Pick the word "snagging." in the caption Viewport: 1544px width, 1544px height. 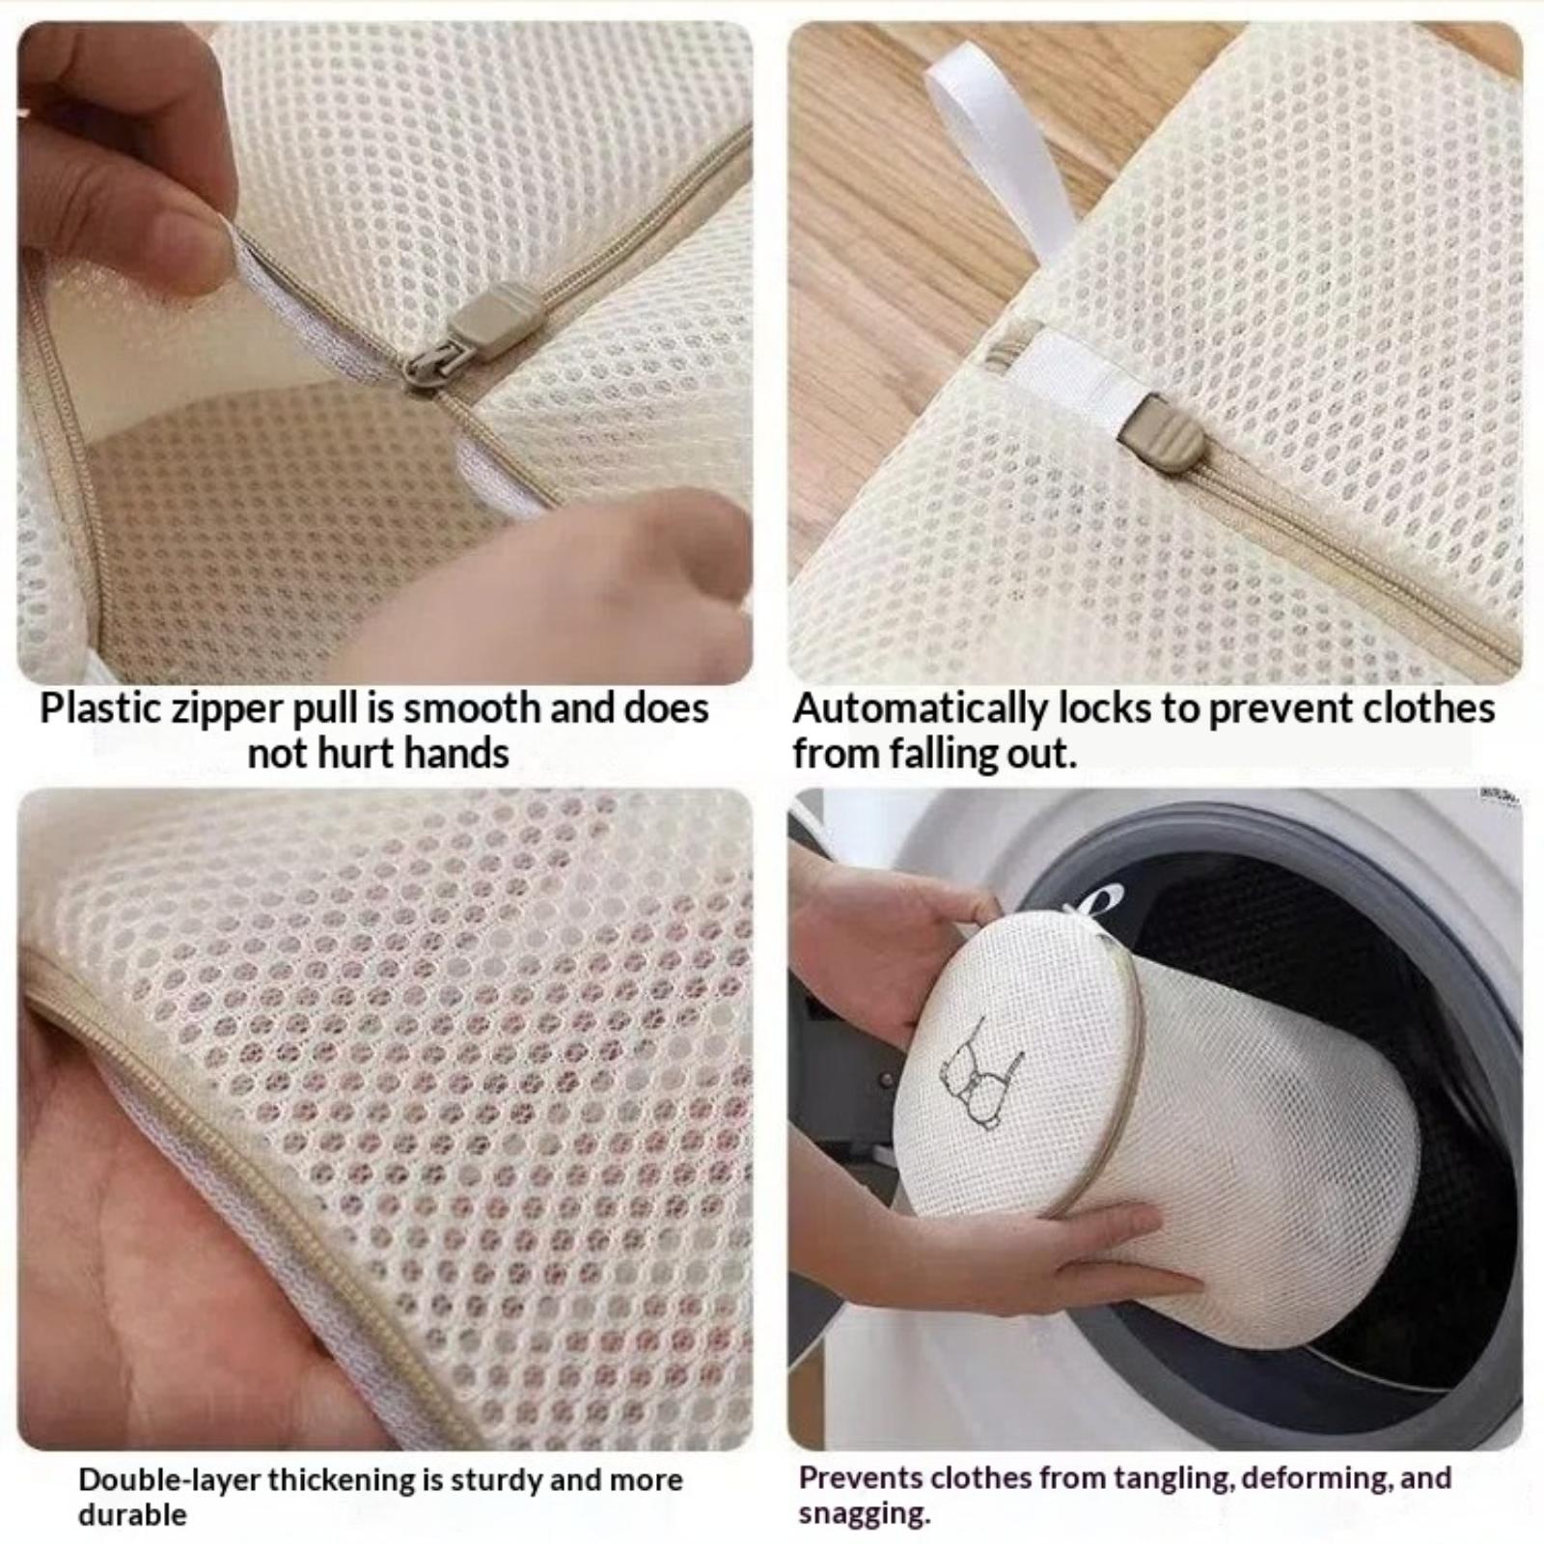click(865, 1515)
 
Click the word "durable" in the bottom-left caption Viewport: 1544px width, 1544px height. click(132, 1514)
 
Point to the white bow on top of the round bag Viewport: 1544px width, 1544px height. click(1086, 907)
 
